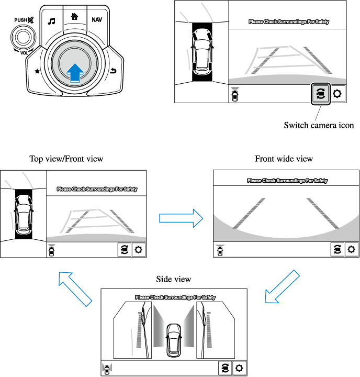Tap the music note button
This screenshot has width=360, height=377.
click(51, 21)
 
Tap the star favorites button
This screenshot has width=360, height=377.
click(37, 71)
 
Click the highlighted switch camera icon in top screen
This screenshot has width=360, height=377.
click(321, 94)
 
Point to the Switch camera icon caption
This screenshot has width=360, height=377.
click(319, 125)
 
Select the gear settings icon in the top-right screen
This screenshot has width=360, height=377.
click(337, 94)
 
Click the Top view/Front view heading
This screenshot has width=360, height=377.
click(66, 159)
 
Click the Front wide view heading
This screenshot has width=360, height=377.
click(284, 159)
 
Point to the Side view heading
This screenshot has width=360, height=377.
click(174, 279)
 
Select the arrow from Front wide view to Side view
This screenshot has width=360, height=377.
click(281, 287)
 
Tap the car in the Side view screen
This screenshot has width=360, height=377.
click(173, 340)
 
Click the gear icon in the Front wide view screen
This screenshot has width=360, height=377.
click(352, 250)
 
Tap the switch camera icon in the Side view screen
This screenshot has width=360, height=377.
click(224, 368)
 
